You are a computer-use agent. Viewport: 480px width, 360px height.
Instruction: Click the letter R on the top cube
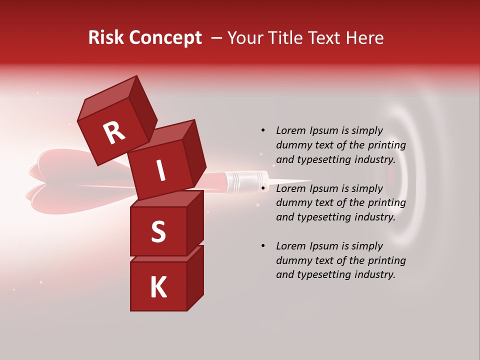click(114, 133)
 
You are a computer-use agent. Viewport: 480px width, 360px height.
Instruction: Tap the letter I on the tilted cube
click(160, 171)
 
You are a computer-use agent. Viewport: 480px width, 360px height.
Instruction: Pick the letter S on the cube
click(158, 232)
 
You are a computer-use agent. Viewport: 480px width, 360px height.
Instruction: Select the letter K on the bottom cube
click(158, 287)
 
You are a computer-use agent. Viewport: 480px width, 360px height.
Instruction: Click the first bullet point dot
click(262, 130)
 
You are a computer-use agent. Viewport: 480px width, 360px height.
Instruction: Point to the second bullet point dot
click(262, 188)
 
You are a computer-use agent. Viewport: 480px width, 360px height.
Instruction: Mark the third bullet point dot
click(262, 246)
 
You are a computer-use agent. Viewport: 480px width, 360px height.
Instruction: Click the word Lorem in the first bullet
click(291, 130)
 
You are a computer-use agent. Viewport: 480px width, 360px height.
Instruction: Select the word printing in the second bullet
click(386, 203)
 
